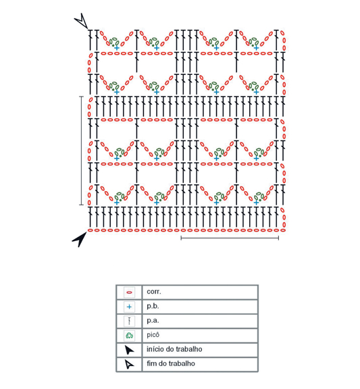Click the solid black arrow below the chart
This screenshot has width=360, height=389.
point(80,239)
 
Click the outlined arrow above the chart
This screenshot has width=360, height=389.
point(82,21)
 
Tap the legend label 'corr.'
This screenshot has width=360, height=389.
point(154,292)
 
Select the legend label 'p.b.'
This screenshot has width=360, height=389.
point(153,306)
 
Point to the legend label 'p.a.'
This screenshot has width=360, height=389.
point(153,321)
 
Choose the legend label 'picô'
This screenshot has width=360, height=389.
point(153,335)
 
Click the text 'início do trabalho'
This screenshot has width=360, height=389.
point(174,349)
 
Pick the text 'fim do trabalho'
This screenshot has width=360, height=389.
point(171,363)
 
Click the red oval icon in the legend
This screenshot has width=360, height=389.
point(129,292)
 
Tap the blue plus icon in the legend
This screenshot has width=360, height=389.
point(129,307)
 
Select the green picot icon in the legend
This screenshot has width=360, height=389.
point(129,336)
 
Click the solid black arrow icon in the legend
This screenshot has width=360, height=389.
point(129,350)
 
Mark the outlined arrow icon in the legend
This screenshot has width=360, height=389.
point(129,364)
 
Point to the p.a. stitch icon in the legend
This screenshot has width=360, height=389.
point(129,321)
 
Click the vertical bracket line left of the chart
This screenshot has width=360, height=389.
point(81,151)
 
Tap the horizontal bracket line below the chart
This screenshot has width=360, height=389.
point(230,238)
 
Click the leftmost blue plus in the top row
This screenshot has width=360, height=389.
point(117,48)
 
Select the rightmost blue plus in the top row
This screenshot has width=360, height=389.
point(256,48)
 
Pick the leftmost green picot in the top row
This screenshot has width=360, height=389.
point(115,42)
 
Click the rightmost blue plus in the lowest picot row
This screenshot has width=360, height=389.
point(256,203)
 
